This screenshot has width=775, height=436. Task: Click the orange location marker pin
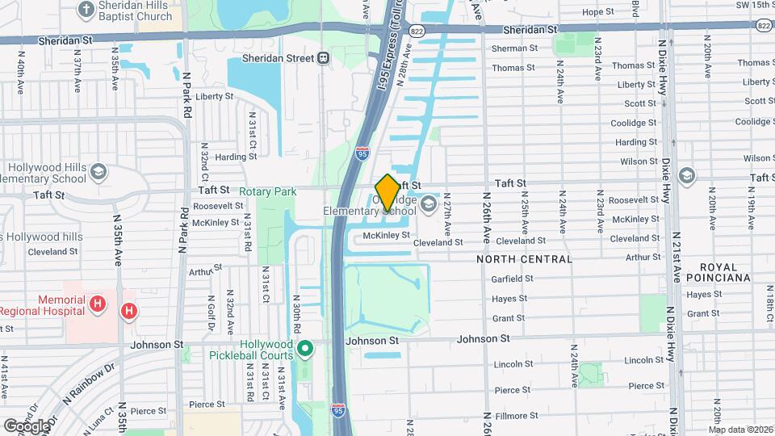pyautogui.click(x=387, y=192)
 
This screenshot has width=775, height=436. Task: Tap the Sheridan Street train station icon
pyautogui.click(x=323, y=58)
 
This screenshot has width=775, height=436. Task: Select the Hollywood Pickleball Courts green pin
pyautogui.click(x=304, y=349)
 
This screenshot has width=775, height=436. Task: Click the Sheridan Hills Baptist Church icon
pyautogui.click(x=86, y=10)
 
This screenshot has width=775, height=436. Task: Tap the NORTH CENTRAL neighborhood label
pyautogui.click(x=524, y=259)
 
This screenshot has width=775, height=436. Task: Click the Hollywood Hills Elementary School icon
pyautogui.click(x=98, y=172)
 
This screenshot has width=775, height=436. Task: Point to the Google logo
pyautogui.click(x=27, y=426)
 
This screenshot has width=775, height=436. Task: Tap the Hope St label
pyautogui.click(x=597, y=12)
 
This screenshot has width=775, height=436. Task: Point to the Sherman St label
pyautogui.click(x=514, y=48)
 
